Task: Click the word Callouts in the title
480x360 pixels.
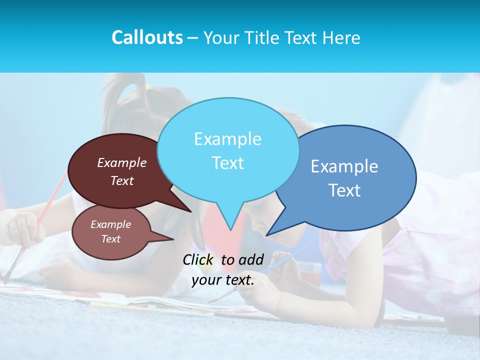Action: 147,38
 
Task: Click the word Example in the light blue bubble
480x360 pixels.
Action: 227,139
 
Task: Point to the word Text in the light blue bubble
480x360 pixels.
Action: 227,163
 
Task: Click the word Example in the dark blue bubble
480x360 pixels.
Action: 344,166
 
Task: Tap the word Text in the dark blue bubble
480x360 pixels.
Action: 344,190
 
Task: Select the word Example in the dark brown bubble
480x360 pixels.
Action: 122,163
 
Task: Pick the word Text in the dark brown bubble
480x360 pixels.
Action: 122,181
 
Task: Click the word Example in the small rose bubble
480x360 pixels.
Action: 111,224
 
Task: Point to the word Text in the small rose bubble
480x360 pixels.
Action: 111,239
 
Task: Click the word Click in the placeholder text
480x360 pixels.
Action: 198,259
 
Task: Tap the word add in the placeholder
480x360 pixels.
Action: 251,259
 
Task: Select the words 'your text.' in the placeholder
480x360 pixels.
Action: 223,280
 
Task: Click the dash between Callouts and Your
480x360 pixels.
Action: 193,38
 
